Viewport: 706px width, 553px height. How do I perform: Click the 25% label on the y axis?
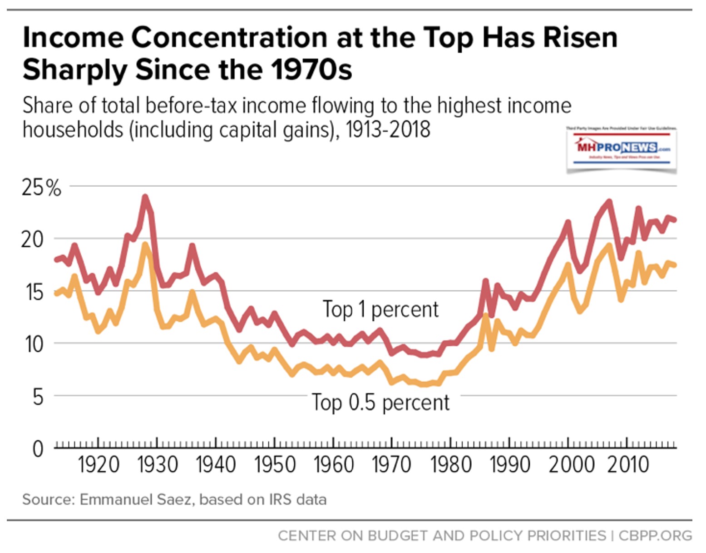click(x=41, y=187)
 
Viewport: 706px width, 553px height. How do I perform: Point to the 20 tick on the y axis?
click(x=33, y=239)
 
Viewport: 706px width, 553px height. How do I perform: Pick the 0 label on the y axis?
click(x=38, y=449)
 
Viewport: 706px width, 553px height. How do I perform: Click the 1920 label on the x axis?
click(x=99, y=465)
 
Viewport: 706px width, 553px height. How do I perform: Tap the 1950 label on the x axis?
click(x=275, y=465)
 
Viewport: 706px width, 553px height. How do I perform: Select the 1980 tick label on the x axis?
click(x=450, y=465)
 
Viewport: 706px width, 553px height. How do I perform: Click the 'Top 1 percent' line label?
click(x=380, y=309)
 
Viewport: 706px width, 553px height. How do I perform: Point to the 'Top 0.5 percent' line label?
click(x=380, y=403)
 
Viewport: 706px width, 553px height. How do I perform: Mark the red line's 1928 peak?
click(x=145, y=197)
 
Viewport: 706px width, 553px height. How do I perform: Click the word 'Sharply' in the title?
click(x=74, y=70)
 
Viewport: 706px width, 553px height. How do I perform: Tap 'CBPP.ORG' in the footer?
click(x=655, y=536)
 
